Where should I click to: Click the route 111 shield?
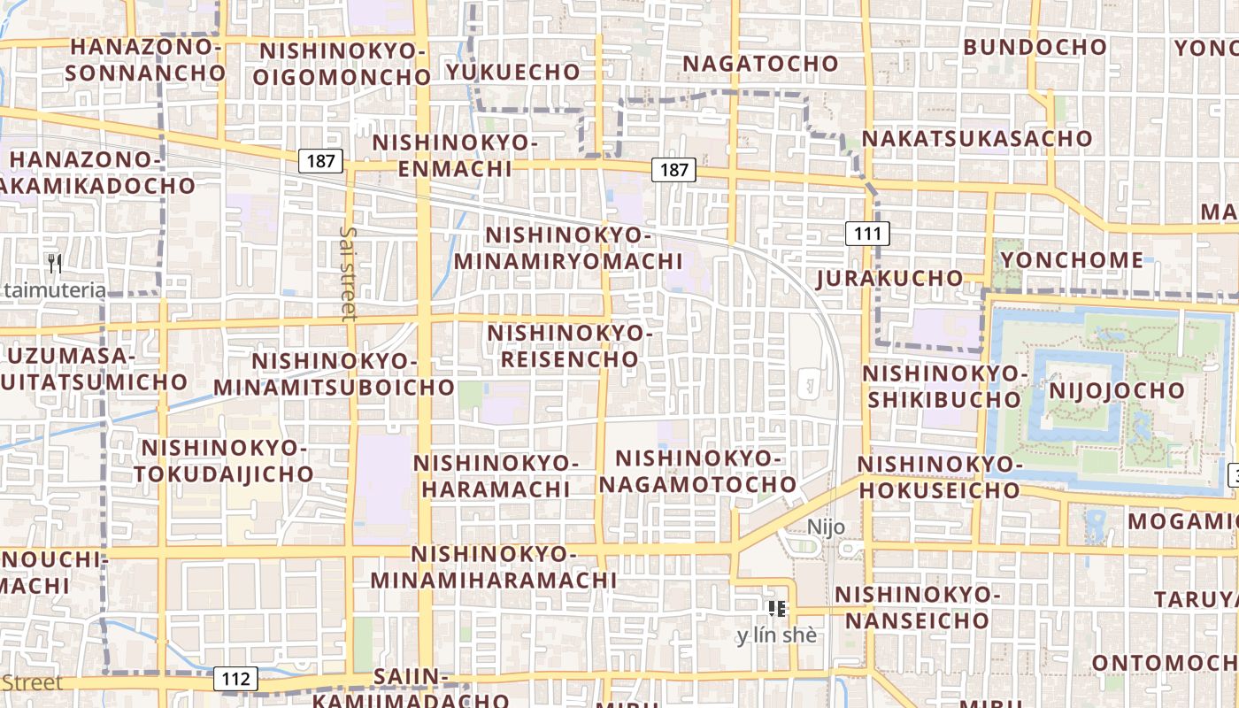coord(866,234)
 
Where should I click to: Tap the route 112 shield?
coord(235,679)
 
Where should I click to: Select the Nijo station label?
coord(826,527)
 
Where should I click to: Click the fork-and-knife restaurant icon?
coord(55,263)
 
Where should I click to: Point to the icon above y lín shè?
coord(777,608)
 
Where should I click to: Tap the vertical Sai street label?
coord(348,273)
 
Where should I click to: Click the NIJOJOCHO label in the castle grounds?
coord(1116,390)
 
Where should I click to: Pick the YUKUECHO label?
coord(513,72)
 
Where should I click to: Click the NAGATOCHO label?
coord(760,64)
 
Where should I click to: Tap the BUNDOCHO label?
coord(1035,47)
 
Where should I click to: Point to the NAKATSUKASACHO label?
coord(977,139)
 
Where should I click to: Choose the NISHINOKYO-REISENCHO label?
coord(570,346)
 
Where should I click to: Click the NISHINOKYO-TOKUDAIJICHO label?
coord(225,461)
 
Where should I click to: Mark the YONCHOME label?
coord(1072,260)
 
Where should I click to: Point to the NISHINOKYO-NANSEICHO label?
coord(917,607)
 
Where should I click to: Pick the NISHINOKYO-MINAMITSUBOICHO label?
coord(334,374)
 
